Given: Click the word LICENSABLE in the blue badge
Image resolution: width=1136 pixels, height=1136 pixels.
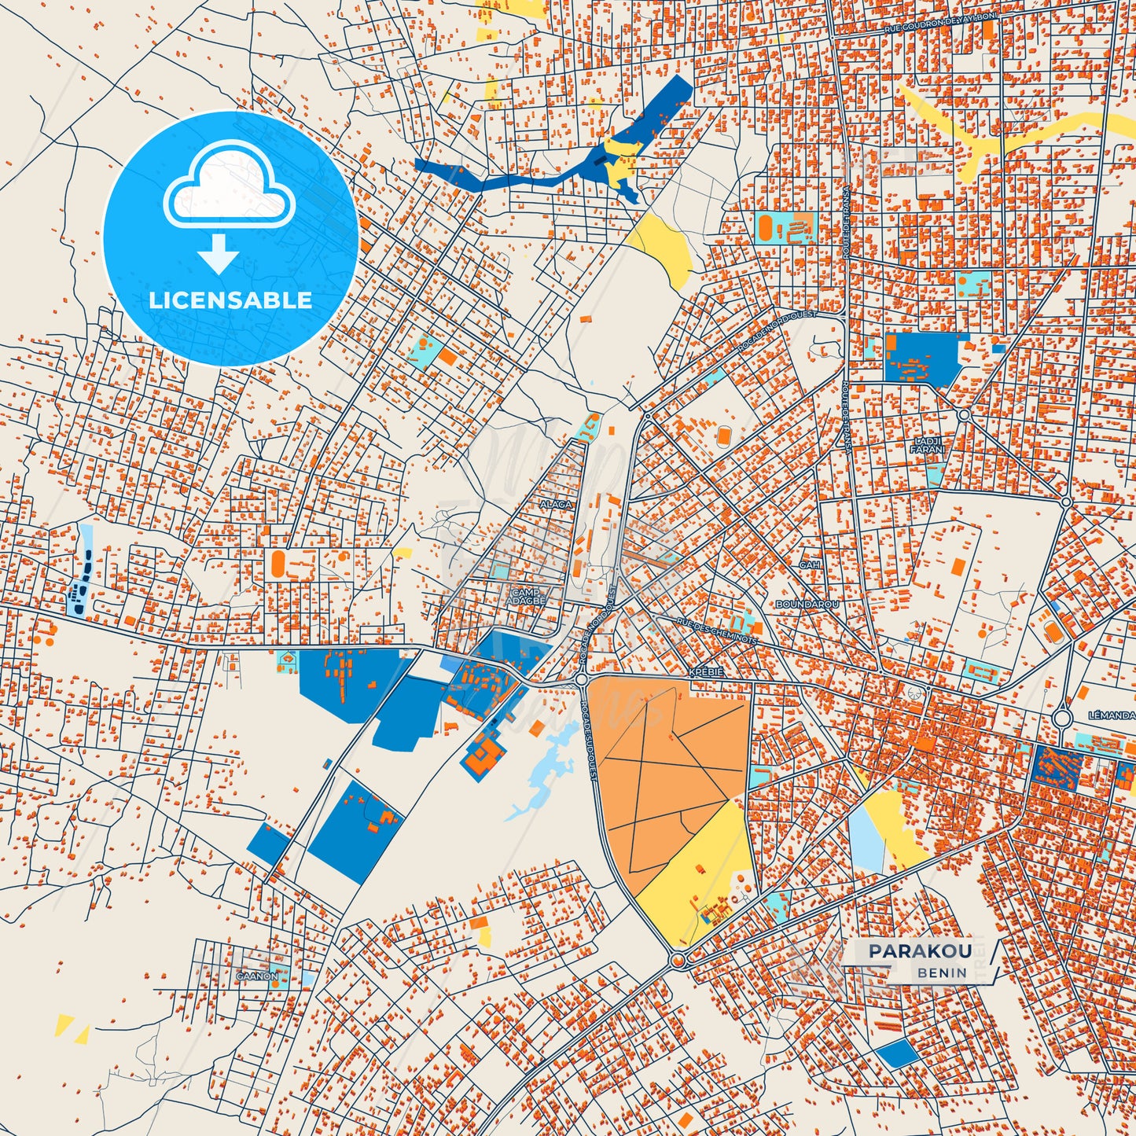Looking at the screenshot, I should coord(230,300).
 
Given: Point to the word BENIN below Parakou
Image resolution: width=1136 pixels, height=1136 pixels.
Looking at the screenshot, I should coord(942,972).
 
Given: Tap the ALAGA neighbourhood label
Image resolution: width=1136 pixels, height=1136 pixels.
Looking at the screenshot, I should coord(556,504).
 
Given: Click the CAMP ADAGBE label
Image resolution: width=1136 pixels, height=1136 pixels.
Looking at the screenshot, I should coord(528,597).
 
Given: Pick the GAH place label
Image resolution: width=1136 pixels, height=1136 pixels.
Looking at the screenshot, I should coord(809,564).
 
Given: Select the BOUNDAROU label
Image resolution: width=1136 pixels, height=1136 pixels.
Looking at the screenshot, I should coord(807,605).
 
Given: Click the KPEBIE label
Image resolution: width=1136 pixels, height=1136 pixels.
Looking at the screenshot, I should coord(705,673).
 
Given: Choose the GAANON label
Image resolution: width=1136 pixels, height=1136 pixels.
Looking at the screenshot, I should coord(256,976).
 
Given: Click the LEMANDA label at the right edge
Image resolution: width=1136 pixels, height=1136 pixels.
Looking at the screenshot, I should coord(1112,715).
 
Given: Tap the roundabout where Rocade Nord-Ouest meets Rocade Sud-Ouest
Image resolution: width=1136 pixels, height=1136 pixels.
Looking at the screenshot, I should coord(581,679).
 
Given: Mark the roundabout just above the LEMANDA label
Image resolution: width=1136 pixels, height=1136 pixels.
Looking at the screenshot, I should coord(1062,717).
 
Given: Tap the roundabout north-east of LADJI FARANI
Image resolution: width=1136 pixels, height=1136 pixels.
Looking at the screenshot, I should coord(964,414).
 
